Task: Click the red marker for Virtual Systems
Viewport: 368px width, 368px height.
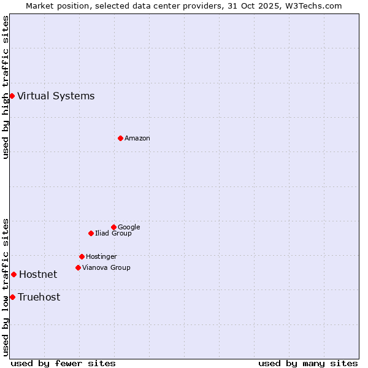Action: click(x=12, y=96)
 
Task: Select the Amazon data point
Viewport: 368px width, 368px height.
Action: click(x=120, y=138)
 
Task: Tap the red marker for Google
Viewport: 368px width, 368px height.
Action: click(x=113, y=227)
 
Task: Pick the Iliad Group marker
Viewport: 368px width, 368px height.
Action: click(x=91, y=233)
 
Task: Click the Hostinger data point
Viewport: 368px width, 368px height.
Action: click(x=82, y=256)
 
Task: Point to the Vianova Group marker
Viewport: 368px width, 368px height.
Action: click(x=78, y=267)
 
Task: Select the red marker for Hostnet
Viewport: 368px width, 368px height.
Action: click(x=13, y=274)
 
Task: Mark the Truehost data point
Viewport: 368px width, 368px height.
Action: click(x=12, y=297)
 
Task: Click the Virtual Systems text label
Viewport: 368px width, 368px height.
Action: click(x=56, y=96)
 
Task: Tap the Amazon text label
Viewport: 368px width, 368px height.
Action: click(x=137, y=138)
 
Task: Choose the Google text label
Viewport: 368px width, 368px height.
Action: click(x=129, y=227)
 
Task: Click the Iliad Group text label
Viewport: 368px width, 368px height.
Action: click(x=113, y=233)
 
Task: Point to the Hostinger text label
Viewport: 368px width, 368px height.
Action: click(x=101, y=256)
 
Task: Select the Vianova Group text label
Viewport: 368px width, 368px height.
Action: click(x=106, y=267)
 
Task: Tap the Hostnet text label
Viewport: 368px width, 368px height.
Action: click(x=38, y=274)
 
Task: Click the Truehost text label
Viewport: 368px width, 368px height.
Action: click(x=39, y=297)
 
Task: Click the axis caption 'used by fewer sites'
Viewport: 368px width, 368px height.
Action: click(x=63, y=363)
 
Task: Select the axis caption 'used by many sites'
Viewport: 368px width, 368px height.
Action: click(x=308, y=363)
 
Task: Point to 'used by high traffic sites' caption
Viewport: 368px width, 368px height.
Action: click(x=6, y=87)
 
